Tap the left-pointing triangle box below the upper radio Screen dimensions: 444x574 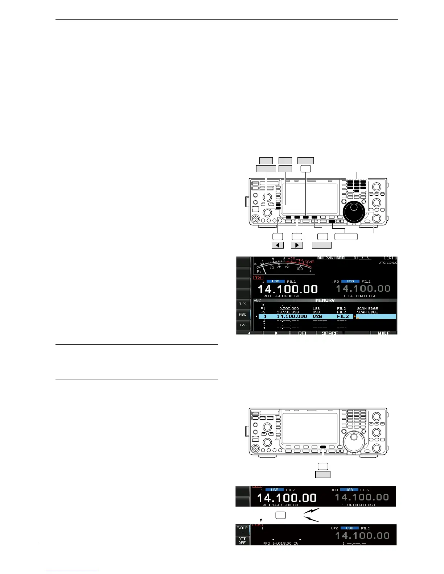coord(278,245)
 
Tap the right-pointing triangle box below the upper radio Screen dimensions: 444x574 coord(297,245)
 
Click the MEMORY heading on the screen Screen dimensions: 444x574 coord(325,300)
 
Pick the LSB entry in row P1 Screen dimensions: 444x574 coord(316,308)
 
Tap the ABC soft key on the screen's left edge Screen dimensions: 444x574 coord(243,315)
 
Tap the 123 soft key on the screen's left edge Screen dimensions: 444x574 coord(243,325)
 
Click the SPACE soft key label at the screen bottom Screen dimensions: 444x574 coord(330,333)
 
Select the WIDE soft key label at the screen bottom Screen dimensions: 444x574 coord(384,333)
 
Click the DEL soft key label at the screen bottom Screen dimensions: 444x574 coord(303,333)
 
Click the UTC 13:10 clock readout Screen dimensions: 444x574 coord(387,263)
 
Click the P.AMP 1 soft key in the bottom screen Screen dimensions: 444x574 coord(242,529)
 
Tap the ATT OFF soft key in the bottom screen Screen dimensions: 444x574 coord(242,540)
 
